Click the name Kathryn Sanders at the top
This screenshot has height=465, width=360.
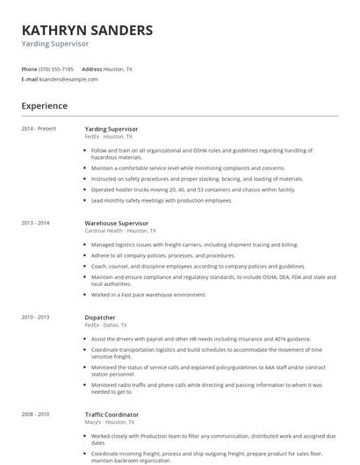pyautogui.click(x=87, y=31)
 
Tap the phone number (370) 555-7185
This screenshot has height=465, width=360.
pyautogui.click(x=57, y=68)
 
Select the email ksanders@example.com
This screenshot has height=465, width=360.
pyautogui.click(x=68, y=79)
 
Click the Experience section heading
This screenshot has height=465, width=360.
pyautogui.click(x=44, y=106)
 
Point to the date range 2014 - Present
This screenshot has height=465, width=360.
pyautogui.click(x=39, y=129)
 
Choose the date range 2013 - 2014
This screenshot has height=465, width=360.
pyautogui.click(x=36, y=223)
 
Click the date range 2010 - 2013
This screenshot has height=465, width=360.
pyautogui.click(x=36, y=317)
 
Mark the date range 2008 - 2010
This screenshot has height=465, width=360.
pyautogui.click(x=36, y=413)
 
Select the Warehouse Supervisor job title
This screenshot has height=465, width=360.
pyautogui.click(x=117, y=223)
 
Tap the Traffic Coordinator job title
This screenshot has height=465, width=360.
pyautogui.click(x=112, y=413)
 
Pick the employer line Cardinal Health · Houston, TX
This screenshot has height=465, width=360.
pyautogui.click(x=122, y=231)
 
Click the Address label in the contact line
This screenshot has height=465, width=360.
pyautogui.click(x=91, y=68)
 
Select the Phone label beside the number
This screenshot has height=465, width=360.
pyautogui.click(x=29, y=68)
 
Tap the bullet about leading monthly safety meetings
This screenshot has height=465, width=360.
pyautogui.click(x=162, y=200)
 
